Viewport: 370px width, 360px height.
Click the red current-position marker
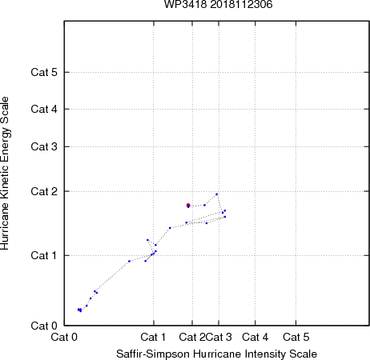coord(188,205)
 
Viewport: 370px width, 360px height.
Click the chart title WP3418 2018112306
coord(218,4)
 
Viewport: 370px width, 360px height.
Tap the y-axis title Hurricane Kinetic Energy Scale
coord(5,174)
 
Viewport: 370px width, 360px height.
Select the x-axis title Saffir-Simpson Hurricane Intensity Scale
coord(216,354)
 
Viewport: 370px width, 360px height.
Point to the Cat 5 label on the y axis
coord(44,72)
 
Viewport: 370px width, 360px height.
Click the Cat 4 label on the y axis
coord(44,109)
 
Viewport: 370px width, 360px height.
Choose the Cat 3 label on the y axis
coord(44,146)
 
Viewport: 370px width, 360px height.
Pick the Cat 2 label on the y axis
coord(44,191)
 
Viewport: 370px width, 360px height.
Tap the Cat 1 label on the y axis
coord(44,255)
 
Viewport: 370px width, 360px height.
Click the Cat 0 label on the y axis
coord(44,326)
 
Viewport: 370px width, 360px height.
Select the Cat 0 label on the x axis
coord(64,337)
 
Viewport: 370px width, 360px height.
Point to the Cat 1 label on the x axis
coord(153,337)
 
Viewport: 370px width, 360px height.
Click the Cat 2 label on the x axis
coord(192,337)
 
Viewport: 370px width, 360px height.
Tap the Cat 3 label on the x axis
coord(219,337)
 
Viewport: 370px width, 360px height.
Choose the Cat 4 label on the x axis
coord(255,337)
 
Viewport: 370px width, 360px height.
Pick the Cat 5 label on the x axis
coord(296,337)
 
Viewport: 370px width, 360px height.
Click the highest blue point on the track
coord(216,194)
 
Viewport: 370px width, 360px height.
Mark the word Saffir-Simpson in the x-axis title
coord(153,354)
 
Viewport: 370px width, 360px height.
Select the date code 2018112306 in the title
coord(241,4)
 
